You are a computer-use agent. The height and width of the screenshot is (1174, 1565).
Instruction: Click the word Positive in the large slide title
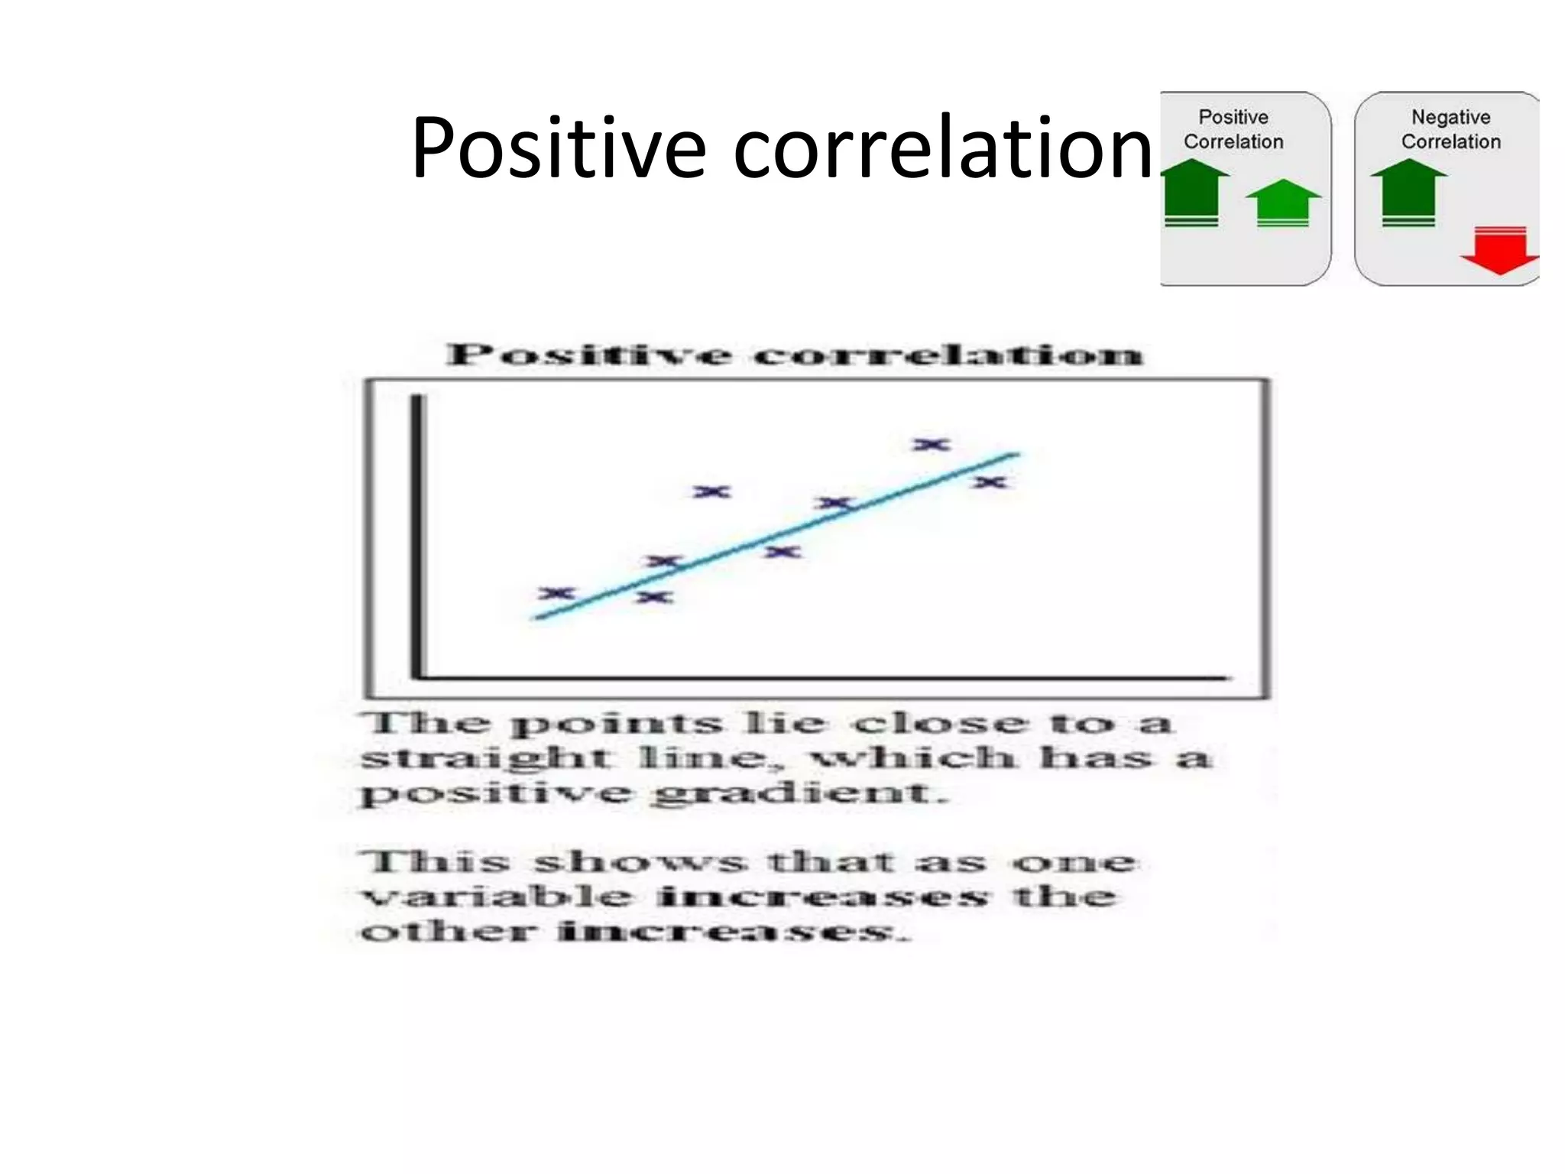tap(558, 149)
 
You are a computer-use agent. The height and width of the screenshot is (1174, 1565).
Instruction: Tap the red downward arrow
tap(1499, 251)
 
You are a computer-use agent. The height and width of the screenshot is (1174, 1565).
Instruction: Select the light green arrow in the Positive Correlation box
tap(1283, 202)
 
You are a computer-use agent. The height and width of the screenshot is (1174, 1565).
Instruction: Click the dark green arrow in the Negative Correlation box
tap(1408, 191)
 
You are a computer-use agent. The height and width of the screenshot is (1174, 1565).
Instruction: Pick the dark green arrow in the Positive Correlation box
tap(1192, 191)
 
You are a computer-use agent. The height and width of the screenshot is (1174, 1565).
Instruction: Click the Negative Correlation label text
tap(1450, 129)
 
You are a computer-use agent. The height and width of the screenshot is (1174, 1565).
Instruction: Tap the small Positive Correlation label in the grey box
tap(1233, 129)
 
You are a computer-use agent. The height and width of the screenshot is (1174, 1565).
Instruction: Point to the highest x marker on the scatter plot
tap(932, 444)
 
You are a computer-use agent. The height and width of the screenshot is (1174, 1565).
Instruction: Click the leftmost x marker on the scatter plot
tap(556, 593)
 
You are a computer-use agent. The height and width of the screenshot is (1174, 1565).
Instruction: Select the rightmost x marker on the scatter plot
tap(990, 482)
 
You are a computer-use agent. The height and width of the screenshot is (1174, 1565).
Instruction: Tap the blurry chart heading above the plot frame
tap(795, 355)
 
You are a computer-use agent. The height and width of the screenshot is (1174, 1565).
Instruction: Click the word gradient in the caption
tap(799, 793)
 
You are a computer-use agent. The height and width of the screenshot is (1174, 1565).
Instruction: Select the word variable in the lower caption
tap(497, 896)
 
